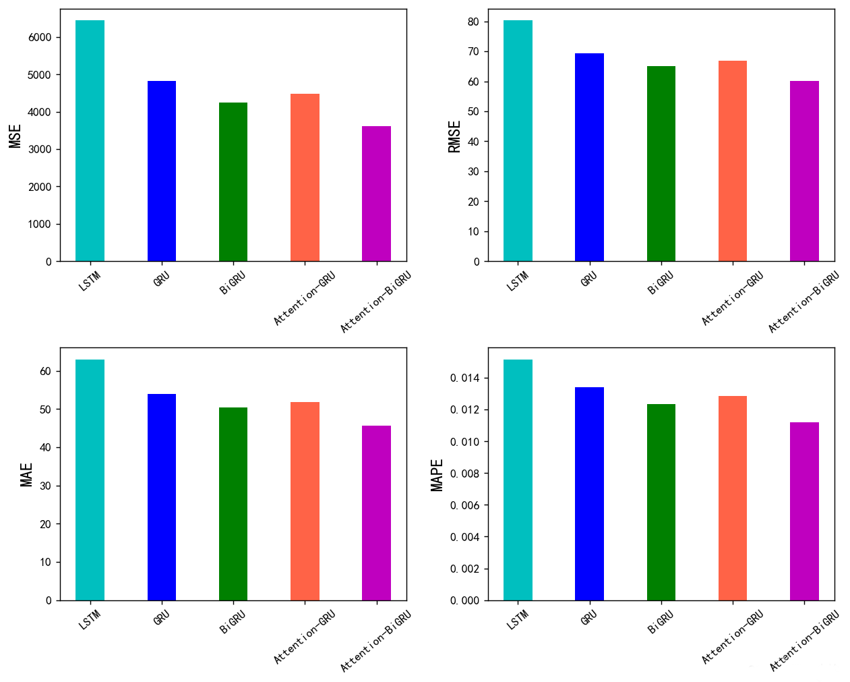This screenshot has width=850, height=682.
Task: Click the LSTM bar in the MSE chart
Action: [90, 142]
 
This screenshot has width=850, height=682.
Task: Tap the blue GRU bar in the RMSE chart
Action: [589, 158]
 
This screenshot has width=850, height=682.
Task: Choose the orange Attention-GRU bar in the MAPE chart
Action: [733, 499]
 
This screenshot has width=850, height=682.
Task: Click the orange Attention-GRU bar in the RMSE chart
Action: [733, 161]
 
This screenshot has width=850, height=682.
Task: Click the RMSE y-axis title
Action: [455, 137]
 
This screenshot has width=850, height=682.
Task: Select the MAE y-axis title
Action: [26, 474]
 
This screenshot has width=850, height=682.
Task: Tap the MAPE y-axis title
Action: [437, 475]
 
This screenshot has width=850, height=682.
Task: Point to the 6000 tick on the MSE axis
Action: [40, 38]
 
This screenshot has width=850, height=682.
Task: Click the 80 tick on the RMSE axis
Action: [473, 22]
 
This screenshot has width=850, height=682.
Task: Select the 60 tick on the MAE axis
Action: [46, 372]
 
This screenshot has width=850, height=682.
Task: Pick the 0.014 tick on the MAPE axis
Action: [464, 378]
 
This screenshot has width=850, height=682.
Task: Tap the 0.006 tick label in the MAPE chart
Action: [464, 506]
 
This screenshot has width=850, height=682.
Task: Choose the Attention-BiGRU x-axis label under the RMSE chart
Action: [803, 302]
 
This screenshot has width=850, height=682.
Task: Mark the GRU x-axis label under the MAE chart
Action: [162, 617]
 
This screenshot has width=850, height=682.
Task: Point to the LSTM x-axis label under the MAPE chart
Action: [518, 619]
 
